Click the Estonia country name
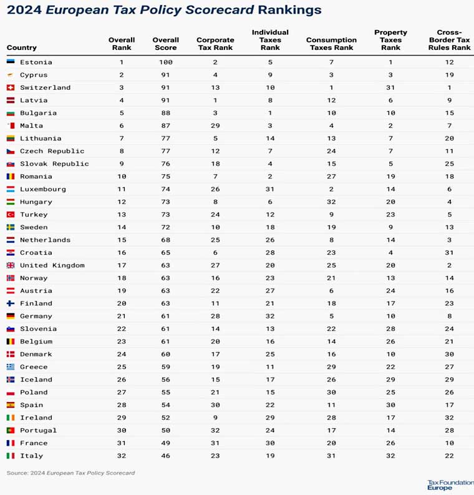(36, 62)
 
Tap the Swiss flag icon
(11, 88)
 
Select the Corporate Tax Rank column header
(215, 44)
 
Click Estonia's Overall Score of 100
(166, 62)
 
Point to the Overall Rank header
(122, 44)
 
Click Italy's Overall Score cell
(166, 456)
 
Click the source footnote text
(70, 473)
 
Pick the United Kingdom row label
(52, 265)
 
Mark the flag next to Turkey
(11, 215)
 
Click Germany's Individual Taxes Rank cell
(270, 316)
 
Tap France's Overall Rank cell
(122, 443)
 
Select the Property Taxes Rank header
(390, 40)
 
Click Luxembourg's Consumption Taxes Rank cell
(331, 189)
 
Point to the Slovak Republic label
(54, 164)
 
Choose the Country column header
(22, 47)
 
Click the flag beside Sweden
(11, 228)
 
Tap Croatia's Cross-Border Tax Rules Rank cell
(449, 253)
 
